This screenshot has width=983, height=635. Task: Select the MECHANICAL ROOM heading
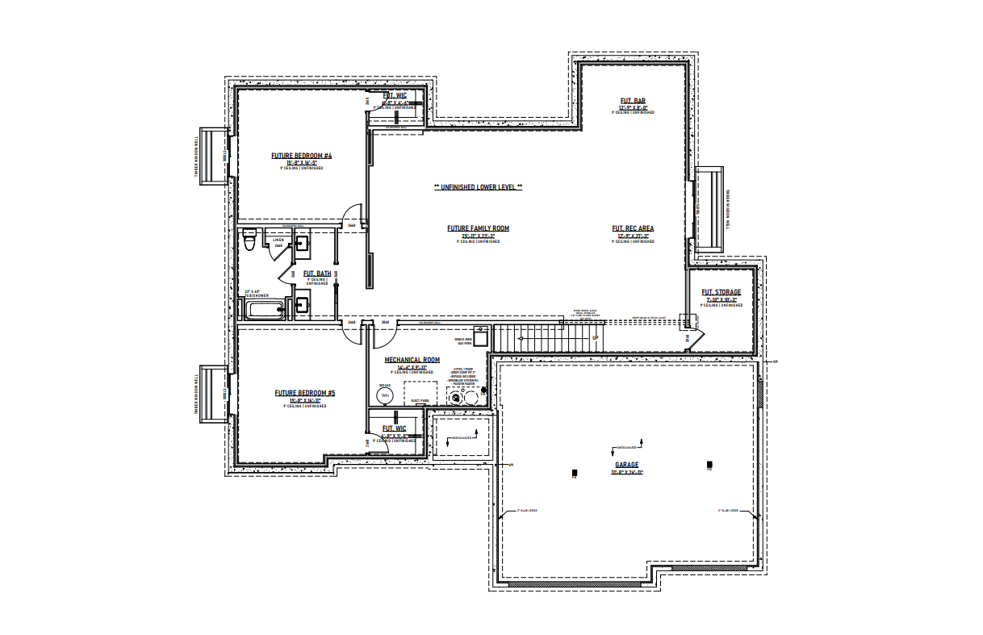click(412, 359)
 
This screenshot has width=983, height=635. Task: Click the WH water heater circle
click(385, 395)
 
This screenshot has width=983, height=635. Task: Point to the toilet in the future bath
click(249, 240)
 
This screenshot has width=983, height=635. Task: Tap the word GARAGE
click(627, 465)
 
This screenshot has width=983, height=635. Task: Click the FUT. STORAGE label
click(721, 292)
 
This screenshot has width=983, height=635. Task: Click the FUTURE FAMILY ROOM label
click(478, 228)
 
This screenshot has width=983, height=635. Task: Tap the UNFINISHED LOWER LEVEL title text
click(478, 186)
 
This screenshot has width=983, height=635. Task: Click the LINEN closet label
click(278, 240)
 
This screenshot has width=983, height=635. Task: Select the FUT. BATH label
click(316, 274)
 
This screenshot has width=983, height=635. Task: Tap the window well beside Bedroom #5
click(213, 394)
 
